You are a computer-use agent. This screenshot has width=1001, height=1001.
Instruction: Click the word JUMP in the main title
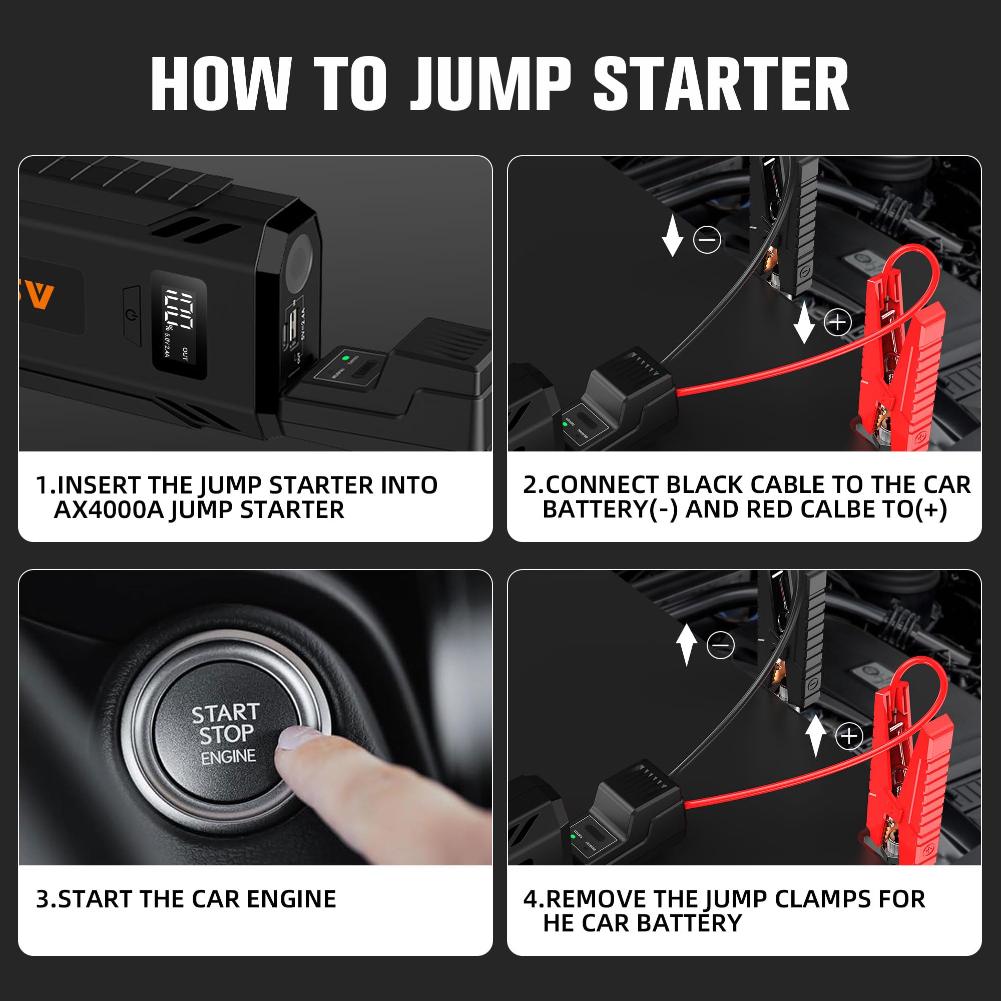[x=490, y=84]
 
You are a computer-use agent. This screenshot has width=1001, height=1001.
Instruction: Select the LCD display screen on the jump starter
[x=178, y=324]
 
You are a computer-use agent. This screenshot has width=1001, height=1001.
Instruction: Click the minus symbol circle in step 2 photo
[x=707, y=240]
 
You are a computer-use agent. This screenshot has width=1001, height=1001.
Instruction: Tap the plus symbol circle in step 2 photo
[x=837, y=323]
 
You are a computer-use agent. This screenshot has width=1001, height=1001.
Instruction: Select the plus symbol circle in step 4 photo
[x=849, y=736]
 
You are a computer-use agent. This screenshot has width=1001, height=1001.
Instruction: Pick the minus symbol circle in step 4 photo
[x=720, y=645]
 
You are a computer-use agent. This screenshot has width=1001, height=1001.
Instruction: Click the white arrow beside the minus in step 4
[x=686, y=644]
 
